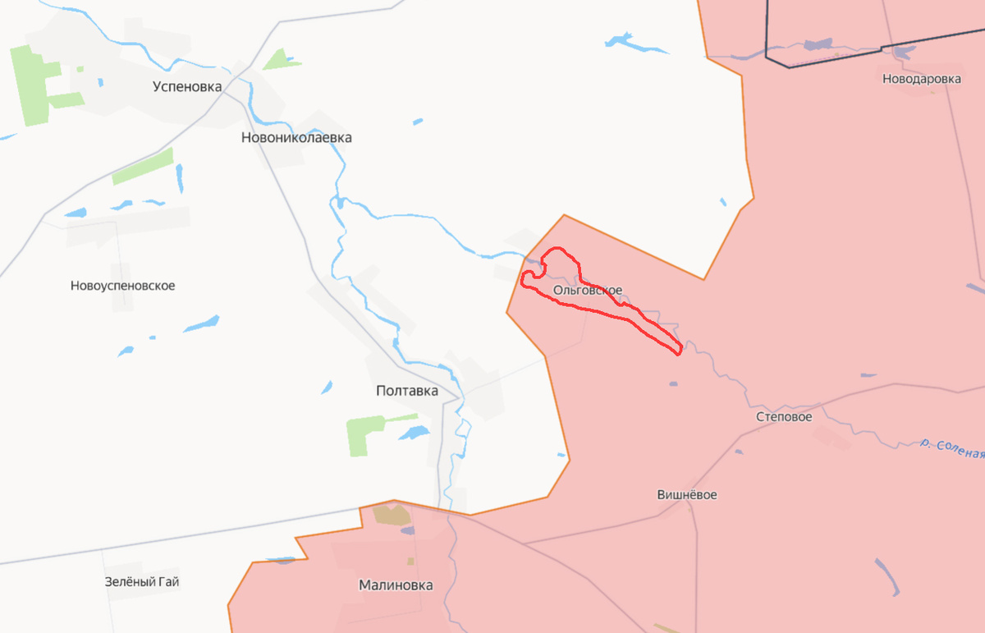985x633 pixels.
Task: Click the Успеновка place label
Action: (187, 85)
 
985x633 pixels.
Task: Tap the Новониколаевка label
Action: (296, 138)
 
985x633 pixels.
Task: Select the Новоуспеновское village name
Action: (123, 286)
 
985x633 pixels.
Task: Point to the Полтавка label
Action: (406, 391)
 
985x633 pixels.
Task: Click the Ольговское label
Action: (587, 290)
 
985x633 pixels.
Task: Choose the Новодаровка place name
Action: (921, 80)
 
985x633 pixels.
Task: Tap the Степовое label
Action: (784, 417)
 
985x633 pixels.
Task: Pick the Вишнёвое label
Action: (687, 495)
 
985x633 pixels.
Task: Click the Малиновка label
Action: (396, 585)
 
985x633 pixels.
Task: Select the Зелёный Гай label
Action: (142, 582)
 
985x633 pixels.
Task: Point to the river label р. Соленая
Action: (951, 448)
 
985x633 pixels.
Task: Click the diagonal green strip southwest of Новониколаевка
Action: (144, 166)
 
